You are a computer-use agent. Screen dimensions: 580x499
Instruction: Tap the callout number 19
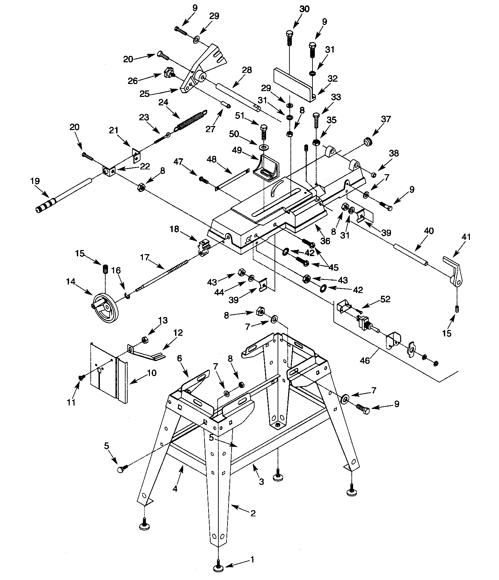coord(35,182)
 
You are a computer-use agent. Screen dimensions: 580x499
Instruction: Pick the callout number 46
coord(365,361)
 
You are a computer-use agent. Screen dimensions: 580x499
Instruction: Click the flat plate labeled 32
coord(293,83)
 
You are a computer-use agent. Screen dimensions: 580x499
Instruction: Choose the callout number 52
coord(385,299)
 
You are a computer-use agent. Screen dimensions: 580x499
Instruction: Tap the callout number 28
coord(247,70)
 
